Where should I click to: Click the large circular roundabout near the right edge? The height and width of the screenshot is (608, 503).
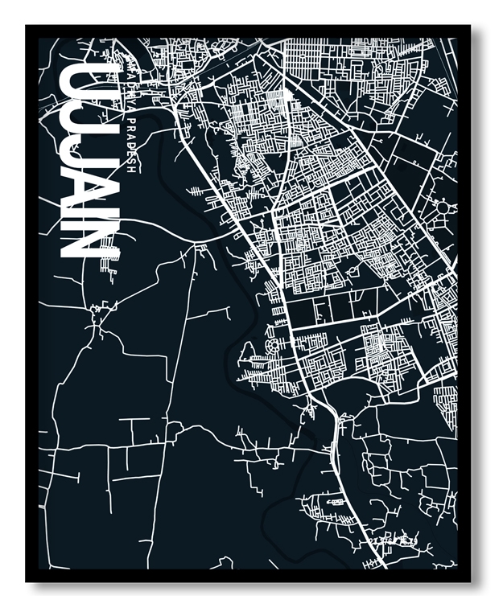445,210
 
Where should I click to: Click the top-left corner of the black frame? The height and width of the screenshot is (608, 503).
27,27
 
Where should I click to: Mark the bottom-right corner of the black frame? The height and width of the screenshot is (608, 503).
470,581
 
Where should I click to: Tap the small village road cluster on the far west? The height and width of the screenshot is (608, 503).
101,310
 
